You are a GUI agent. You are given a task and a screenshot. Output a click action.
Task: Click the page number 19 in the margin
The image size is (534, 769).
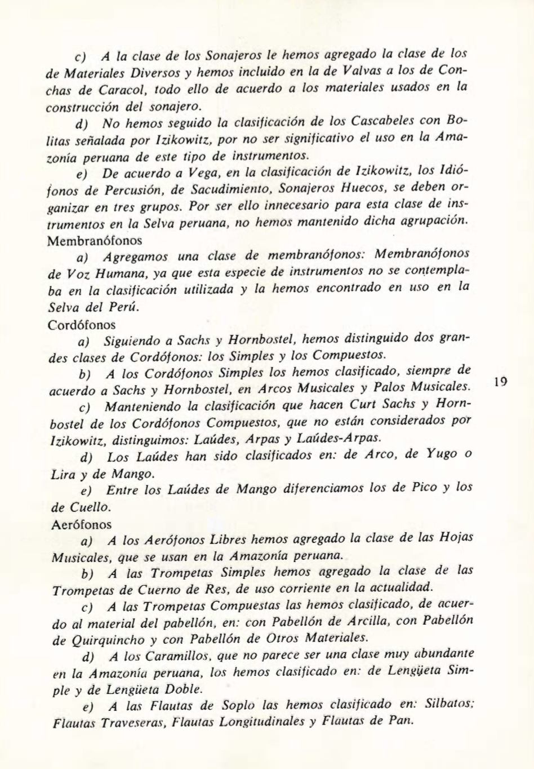coord(500,382)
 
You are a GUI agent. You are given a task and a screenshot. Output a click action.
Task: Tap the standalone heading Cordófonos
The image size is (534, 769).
coord(82,325)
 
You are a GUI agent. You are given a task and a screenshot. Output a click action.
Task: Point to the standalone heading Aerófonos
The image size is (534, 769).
coord(81,524)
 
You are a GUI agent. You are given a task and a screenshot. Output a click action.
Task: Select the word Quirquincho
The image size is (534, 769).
coord(105,640)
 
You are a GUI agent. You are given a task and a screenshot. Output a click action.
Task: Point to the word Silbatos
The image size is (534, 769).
coord(449,705)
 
